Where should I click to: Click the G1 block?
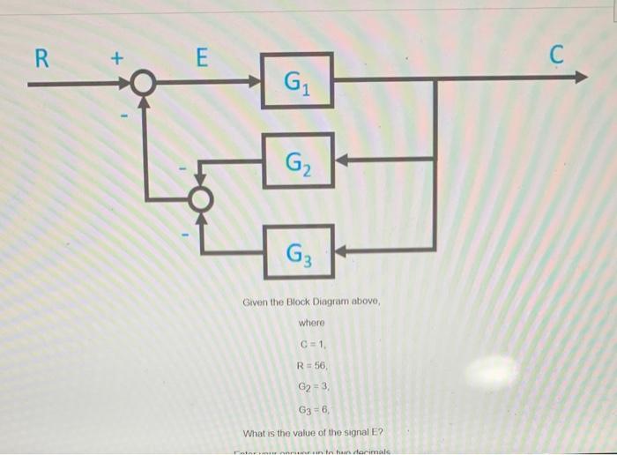[298, 81]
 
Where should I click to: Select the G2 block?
[298, 160]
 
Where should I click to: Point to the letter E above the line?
[201, 58]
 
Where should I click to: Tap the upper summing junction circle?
[141, 84]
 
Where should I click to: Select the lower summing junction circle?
[202, 198]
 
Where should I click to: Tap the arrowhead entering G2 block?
[342, 160]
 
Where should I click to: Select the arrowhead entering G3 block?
[342, 250]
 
